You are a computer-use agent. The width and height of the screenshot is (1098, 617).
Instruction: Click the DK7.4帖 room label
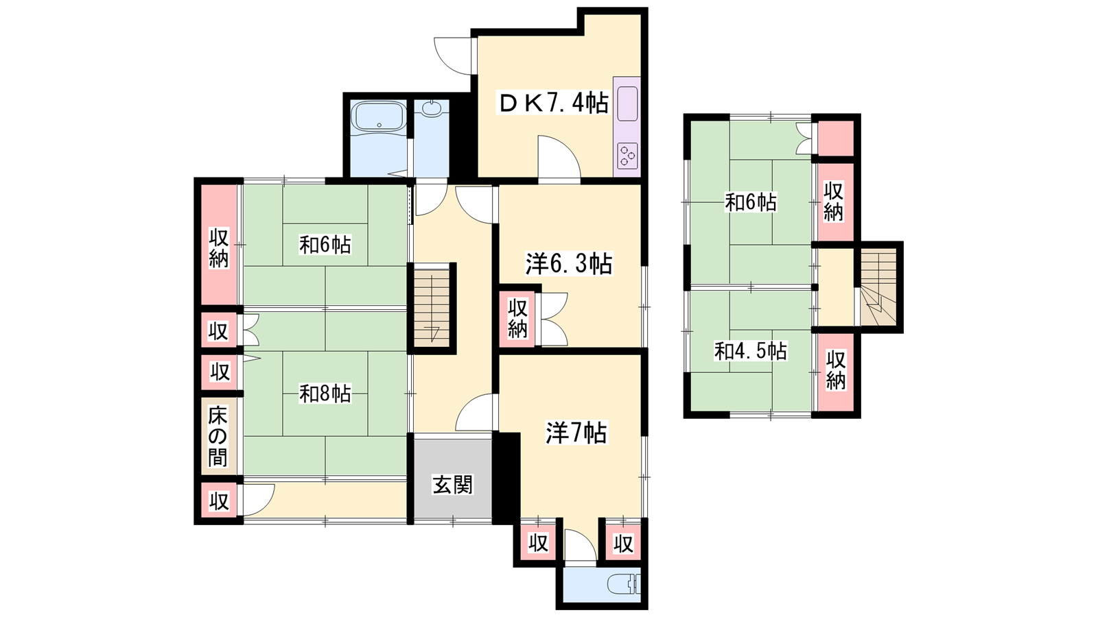coord(553,104)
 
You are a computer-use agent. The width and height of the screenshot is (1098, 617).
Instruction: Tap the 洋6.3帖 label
coord(569,264)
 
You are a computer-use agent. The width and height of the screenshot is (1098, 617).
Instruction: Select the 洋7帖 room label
coord(576,433)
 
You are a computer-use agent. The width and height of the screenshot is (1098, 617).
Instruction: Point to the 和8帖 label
coord(325,394)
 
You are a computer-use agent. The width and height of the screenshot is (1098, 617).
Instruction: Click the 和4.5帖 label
coord(751,351)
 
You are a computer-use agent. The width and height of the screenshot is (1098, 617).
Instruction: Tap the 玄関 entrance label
coord(452,485)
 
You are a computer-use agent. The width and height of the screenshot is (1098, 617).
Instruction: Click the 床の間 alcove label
coord(218,437)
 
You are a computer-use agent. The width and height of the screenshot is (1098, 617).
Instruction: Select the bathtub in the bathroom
coord(379,117)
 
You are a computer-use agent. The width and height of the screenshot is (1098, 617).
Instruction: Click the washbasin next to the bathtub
coord(432,109)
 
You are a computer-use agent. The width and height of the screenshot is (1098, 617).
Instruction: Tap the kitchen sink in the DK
coord(627,104)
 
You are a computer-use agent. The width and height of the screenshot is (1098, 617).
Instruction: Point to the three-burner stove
coord(627,156)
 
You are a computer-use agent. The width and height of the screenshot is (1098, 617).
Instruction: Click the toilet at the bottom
coord(624,585)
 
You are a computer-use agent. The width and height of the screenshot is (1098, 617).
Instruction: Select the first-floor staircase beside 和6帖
coord(432,308)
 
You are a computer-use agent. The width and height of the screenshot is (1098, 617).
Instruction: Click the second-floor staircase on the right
coord(878,287)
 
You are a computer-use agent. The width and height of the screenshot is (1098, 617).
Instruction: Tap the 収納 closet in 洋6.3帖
coord(517,318)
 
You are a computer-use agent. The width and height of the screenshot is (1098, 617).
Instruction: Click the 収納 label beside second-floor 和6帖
coord(833,202)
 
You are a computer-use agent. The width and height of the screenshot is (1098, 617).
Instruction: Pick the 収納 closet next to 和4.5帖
coord(836,372)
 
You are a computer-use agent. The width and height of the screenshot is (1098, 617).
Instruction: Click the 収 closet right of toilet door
coord(623,542)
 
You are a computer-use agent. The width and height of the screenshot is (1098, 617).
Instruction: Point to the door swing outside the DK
coord(453,56)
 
